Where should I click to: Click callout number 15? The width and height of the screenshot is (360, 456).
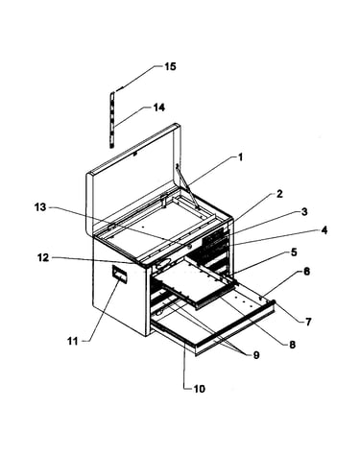[170, 66]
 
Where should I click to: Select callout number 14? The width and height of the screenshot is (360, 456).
[159, 108]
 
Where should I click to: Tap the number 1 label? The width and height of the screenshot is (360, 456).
[240, 157]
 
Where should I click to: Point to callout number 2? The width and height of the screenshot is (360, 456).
[279, 194]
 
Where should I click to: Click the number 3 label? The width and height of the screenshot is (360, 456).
[304, 211]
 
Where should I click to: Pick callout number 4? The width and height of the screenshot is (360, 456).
[324, 230]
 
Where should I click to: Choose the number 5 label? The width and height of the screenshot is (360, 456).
[294, 252]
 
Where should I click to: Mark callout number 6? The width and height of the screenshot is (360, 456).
[306, 272]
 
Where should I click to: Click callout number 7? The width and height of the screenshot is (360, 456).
[308, 322]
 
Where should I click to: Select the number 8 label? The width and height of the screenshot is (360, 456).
[292, 345]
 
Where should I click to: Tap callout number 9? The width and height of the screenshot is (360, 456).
[256, 355]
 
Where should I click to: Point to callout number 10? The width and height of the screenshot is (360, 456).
[199, 389]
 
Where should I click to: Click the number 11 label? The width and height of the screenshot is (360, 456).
[73, 342]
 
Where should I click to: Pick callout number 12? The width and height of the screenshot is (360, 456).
[43, 257]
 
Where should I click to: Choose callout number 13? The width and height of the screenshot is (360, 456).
[40, 207]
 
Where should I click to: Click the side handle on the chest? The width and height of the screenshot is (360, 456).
[119, 274]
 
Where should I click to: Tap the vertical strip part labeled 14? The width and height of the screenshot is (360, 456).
[112, 120]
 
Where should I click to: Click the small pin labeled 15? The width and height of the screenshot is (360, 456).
[120, 90]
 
